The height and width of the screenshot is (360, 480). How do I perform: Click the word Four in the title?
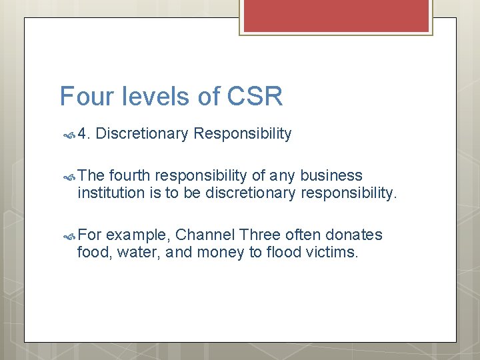(79, 97)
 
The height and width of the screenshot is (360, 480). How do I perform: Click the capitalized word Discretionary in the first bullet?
(142, 134)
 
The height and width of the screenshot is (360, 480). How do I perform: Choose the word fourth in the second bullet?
(131, 176)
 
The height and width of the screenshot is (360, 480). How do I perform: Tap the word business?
(331, 176)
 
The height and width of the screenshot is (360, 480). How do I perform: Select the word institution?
(110, 193)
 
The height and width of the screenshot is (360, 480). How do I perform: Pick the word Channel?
(205, 235)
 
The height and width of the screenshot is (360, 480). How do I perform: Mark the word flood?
(285, 253)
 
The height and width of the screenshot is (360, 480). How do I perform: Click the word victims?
(335, 253)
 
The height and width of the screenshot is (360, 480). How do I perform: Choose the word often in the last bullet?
(303, 235)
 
